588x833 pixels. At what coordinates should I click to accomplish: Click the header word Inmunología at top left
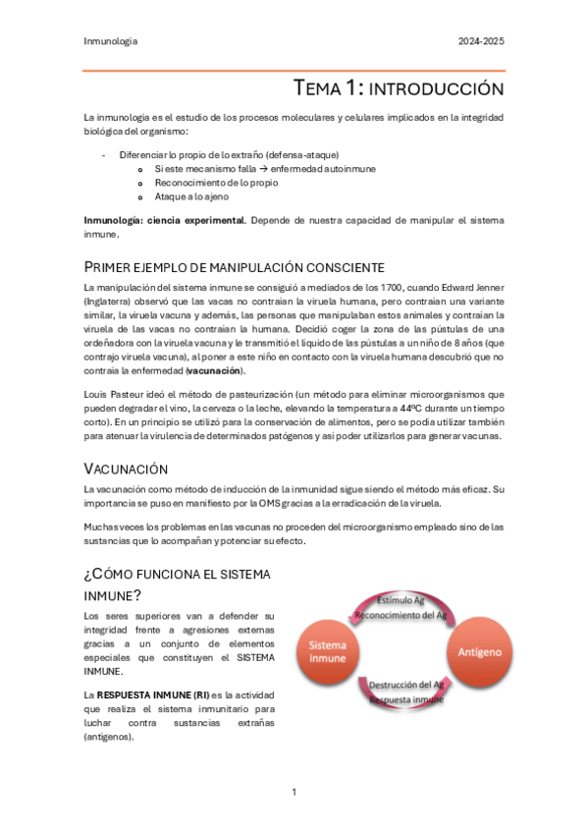pos(110,41)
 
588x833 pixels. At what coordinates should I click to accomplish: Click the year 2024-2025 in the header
pos(481,41)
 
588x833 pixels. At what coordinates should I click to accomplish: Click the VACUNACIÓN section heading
pos(127,470)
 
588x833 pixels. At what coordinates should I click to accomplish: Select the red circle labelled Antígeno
pos(478,651)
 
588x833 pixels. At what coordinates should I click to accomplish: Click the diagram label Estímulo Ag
pos(400,600)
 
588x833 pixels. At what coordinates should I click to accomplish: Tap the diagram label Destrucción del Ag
pos(404,685)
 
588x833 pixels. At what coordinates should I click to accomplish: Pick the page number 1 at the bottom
pos(294,791)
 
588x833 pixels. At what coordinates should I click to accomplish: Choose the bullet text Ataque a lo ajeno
pos(187,196)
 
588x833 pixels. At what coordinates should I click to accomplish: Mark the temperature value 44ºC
pos(413,407)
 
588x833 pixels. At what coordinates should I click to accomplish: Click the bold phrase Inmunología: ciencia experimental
pos(165,221)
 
